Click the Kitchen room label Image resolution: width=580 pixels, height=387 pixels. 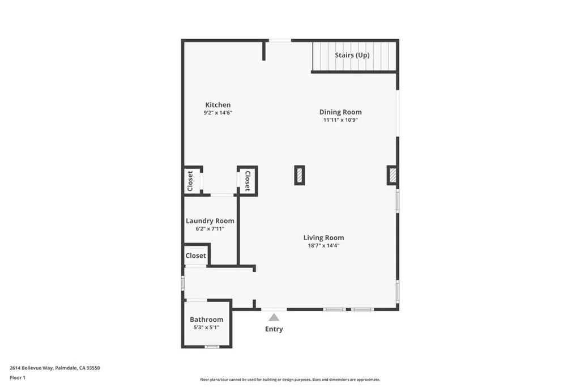(x=217, y=105)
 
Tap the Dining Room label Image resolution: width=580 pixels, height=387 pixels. (x=340, y=112)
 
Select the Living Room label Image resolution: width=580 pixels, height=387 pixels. (x=323, y=238)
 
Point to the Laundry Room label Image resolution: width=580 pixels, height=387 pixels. (x=210, y=221)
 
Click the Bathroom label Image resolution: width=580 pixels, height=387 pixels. (x=206, y=320)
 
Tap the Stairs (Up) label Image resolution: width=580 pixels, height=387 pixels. (x=352, y=55)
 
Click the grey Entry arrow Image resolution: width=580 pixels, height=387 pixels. (x=274, y=317)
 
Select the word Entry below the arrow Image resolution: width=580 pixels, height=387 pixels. (x=274, y=329)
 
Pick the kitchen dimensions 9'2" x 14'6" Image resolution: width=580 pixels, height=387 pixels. (x=218, y=113)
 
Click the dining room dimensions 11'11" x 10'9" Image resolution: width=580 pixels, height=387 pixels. (x=340, y=120)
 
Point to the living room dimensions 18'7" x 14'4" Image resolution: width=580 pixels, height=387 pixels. (x=323, y=245)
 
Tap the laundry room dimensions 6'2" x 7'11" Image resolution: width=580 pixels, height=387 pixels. (x=210, y=229)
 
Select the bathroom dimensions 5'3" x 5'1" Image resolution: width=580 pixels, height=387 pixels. (x=206, y=328)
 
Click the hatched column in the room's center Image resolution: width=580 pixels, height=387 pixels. (x=300, y=175)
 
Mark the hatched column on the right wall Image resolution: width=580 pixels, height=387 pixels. (x=392, y=175)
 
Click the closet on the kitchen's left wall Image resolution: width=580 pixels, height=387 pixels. (x=190, y=181)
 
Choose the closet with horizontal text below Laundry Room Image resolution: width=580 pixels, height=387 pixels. (x=196, y=256)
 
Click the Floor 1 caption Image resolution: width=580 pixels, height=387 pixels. (x=18, y=377)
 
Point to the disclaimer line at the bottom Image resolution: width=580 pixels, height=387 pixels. (x=289, y=380)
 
